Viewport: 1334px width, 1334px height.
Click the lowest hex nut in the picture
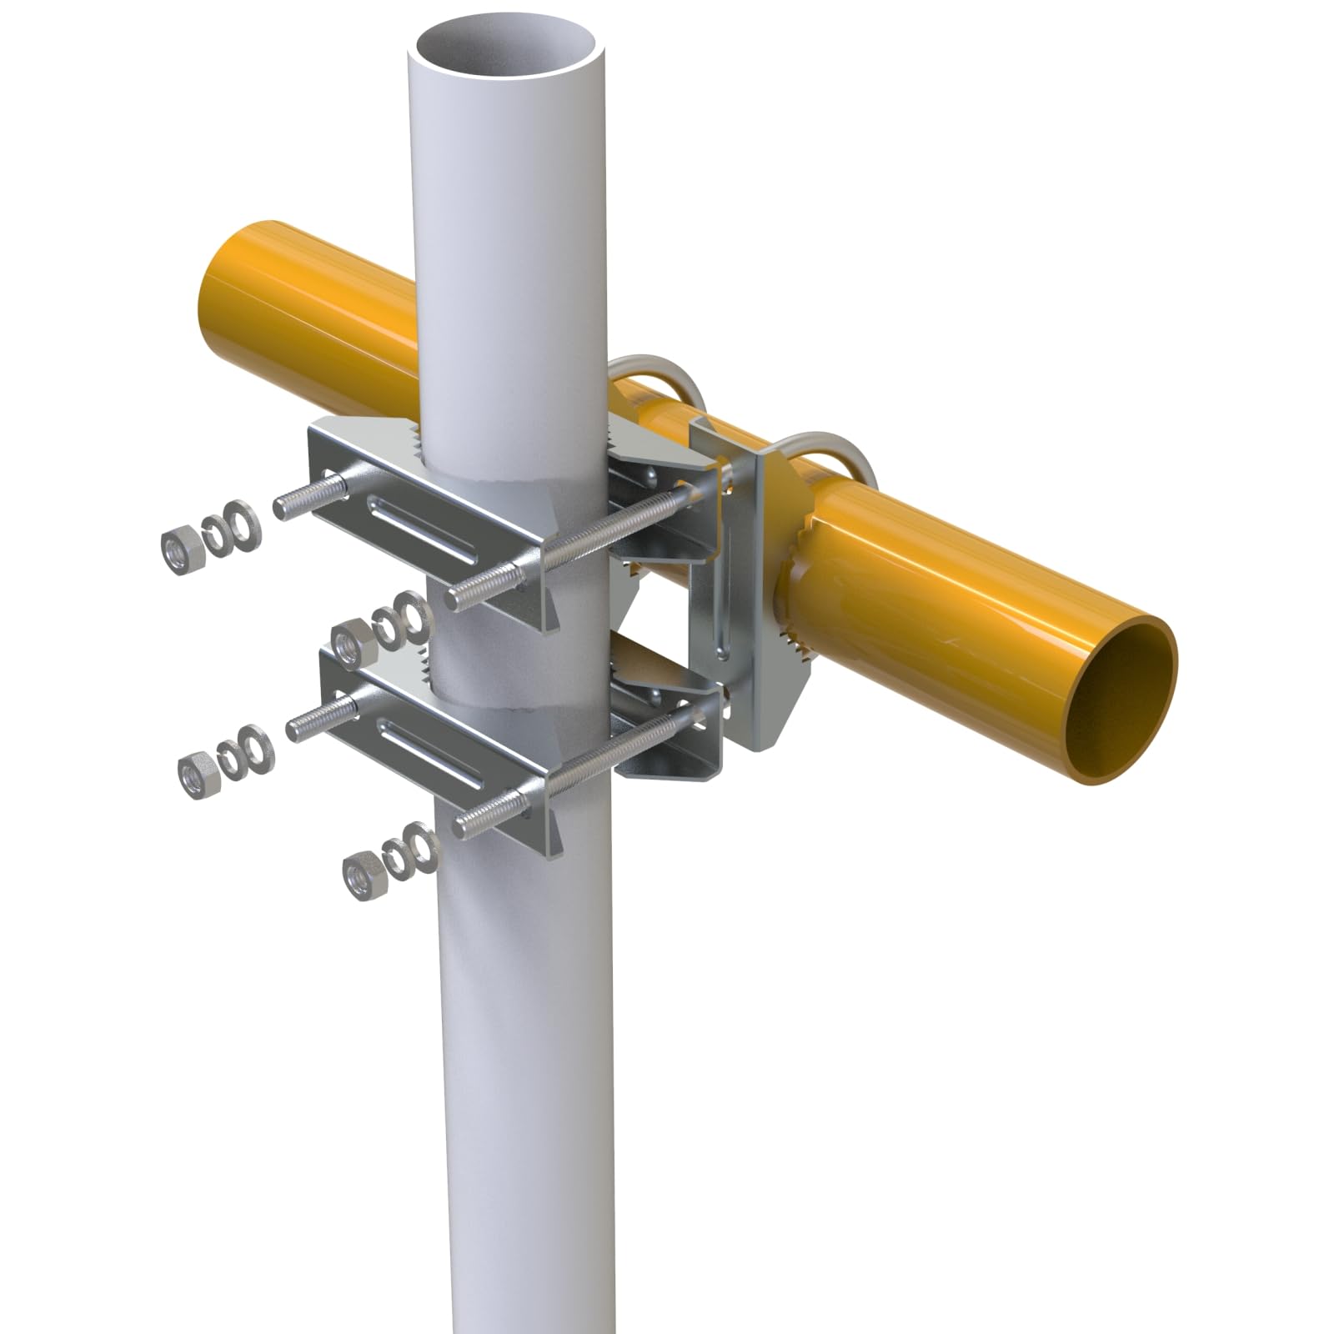362,879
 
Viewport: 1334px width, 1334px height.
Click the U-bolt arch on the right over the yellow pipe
834,450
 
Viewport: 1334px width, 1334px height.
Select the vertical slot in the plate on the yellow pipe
725,600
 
